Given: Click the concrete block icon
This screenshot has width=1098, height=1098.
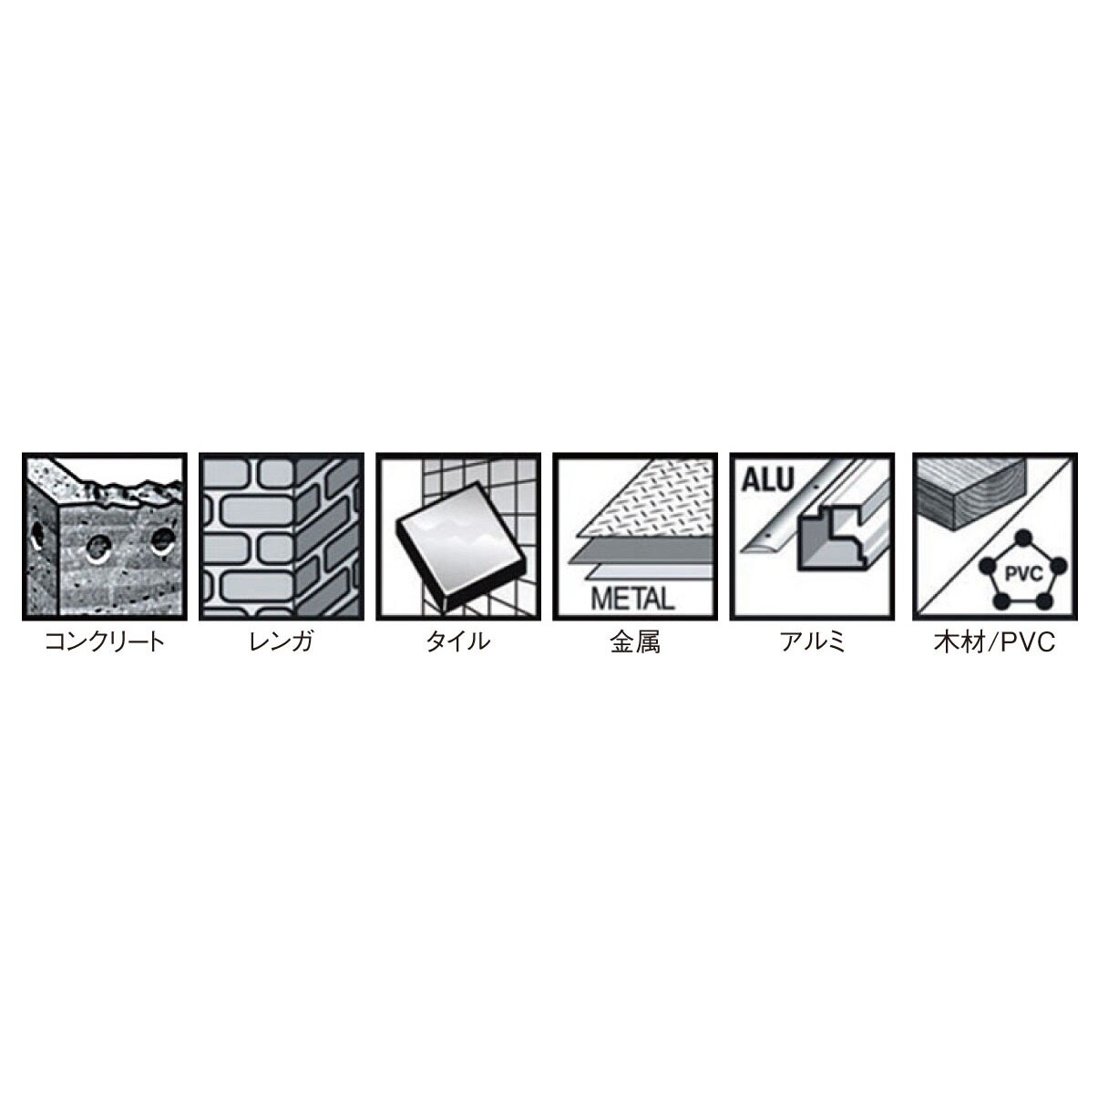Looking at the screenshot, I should (x=104, y=537).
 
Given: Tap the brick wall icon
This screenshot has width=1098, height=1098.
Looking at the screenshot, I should (x=281, y=537).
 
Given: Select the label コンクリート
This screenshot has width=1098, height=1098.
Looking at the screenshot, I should (x=105, y=641).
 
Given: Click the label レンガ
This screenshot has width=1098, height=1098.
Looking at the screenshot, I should (x=281, y=641).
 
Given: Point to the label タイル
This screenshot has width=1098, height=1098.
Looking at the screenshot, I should (x=457, y=641).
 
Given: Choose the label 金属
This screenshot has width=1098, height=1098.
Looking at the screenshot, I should (x=634, y=641).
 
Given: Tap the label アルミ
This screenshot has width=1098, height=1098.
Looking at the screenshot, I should (x=812, y=641).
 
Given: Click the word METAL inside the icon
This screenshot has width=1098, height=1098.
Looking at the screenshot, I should (x=632, y=599).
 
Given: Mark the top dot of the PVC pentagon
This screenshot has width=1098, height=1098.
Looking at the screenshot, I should (x=1020, y=536).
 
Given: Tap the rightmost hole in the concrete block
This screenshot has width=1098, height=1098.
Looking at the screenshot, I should (x=163, y=539).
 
